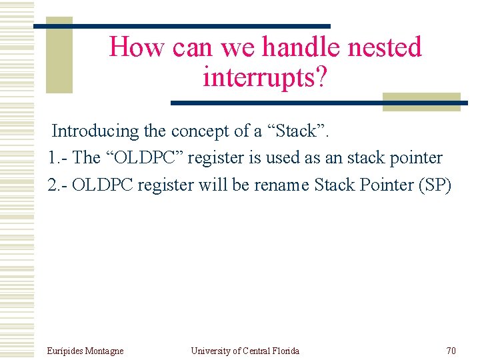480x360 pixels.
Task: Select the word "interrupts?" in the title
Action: (265, 77)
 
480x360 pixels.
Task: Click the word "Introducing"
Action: (95, 131)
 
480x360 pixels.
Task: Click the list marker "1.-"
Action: (58, 158)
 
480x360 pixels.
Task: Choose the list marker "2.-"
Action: (58, 185)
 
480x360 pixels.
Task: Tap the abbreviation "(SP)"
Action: (434, 185)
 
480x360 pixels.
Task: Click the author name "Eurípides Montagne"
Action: (85, 351)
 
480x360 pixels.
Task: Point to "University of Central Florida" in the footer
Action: (245, 351)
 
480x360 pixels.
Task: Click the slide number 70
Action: (451, 351)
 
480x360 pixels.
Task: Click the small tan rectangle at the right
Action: (421, 101)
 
